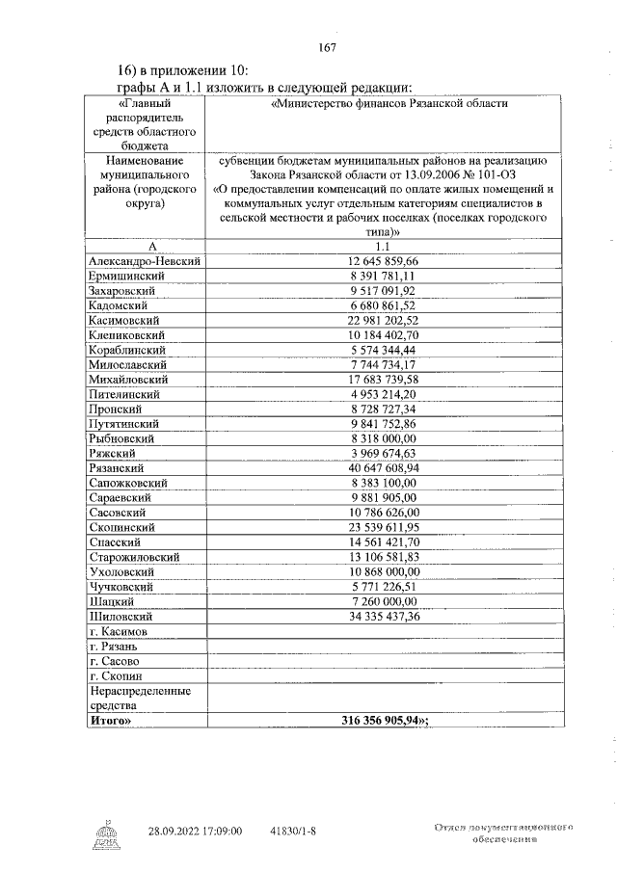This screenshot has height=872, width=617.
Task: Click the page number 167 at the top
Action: tap(326, 47)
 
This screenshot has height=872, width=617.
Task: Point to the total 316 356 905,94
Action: tap(385, 720)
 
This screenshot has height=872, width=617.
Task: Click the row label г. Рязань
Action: tap(116, 647)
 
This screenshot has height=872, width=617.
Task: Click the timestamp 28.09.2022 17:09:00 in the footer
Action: tap(195, 830)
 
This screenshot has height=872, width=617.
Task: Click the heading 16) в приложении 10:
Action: tap(182, 70)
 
